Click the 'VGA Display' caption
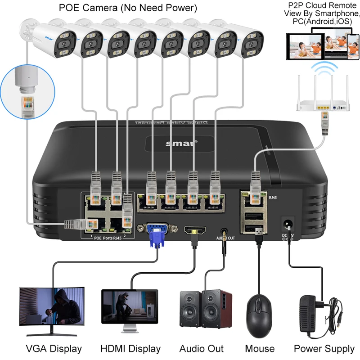54,348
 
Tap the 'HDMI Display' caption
131,348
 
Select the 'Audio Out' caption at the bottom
201,348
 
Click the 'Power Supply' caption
324,348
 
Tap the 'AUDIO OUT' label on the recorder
225,238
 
